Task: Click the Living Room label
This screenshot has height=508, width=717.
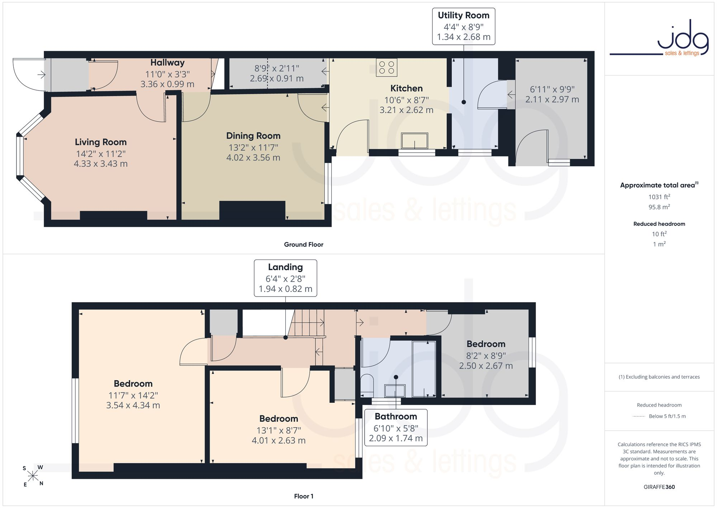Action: pyautogui.click(x=101, y=142)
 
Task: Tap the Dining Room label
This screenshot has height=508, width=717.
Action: pyautogui.click(x=253, y=136)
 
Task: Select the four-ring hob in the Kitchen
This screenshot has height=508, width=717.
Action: pyautogui.click(x=386, y=67)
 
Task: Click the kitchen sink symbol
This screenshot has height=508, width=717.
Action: pyautogui.click(x=415, y=141)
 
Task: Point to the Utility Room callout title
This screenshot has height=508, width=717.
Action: pyautogui.click(x=464, y=15)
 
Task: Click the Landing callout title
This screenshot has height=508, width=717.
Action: pyautogui.click(x=285, y=267)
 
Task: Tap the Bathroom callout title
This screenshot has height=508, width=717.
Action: pyautogui.click(x=396, y=416)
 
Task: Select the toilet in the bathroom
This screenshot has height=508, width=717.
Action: pyautogui.click(x=367, y=383)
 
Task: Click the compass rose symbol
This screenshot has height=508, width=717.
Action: pyautogui.click(x=33, y=476)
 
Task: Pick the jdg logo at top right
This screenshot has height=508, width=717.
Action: pyautogui.click(x=659, y=38)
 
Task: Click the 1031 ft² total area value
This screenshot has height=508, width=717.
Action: pyautogui.click(x=659, y=197)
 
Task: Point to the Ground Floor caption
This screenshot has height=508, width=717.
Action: pyautogui.click(x=304, y=244)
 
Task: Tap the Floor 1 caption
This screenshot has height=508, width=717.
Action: pyautogui.click(x=304, y=496)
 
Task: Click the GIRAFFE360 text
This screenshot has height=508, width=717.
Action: pyautogui.click(x=659, y=487)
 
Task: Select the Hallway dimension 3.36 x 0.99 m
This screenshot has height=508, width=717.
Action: pyautogui.click(x=167, y=84)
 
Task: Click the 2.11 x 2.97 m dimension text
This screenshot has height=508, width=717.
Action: pyautogui.click(x=552, y=99)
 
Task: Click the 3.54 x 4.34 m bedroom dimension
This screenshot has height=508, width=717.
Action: pyautogui.click(x=133, y=405)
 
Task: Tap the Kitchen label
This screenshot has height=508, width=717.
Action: pyautogui.click(x=407, y=88)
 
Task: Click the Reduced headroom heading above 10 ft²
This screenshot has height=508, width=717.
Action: pyautogui.click(x=659, y=224)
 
